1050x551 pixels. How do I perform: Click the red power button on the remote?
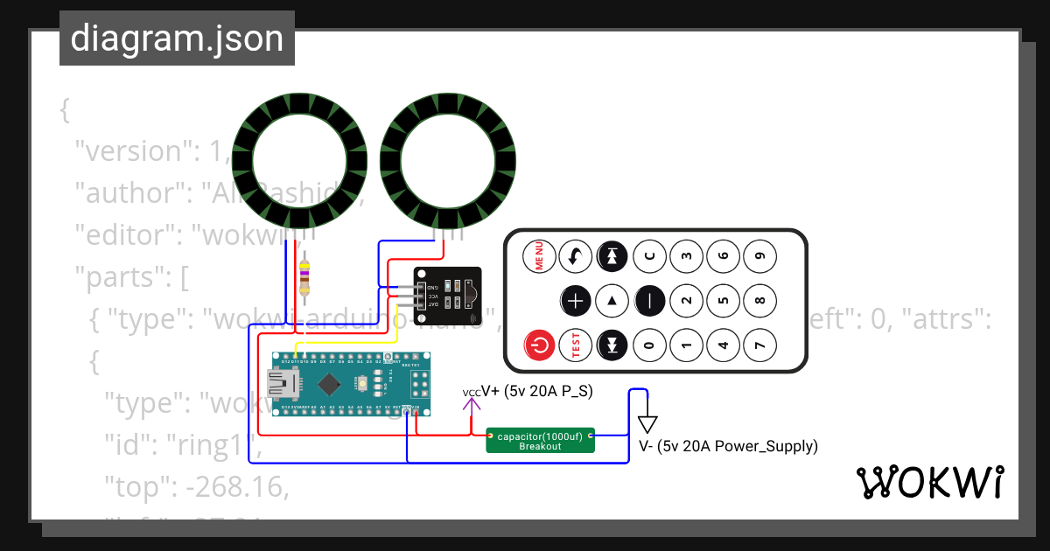[539, 345]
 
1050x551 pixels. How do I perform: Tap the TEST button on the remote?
[576, 345]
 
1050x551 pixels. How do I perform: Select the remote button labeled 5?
[723, 301]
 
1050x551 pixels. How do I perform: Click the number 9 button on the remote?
[759, 256]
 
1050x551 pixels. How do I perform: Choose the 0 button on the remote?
[649, 345]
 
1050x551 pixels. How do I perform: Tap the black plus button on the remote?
[576, 301]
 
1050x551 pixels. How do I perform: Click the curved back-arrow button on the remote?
[576, 256]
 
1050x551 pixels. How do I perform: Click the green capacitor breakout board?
[540, 440]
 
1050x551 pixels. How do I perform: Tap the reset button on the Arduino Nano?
[361, 383]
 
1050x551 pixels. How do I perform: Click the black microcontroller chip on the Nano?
[329, 383]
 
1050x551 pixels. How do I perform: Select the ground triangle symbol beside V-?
[647, 423]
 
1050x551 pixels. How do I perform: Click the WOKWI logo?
[929, 483]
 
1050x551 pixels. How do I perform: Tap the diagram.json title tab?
[177, 38]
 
